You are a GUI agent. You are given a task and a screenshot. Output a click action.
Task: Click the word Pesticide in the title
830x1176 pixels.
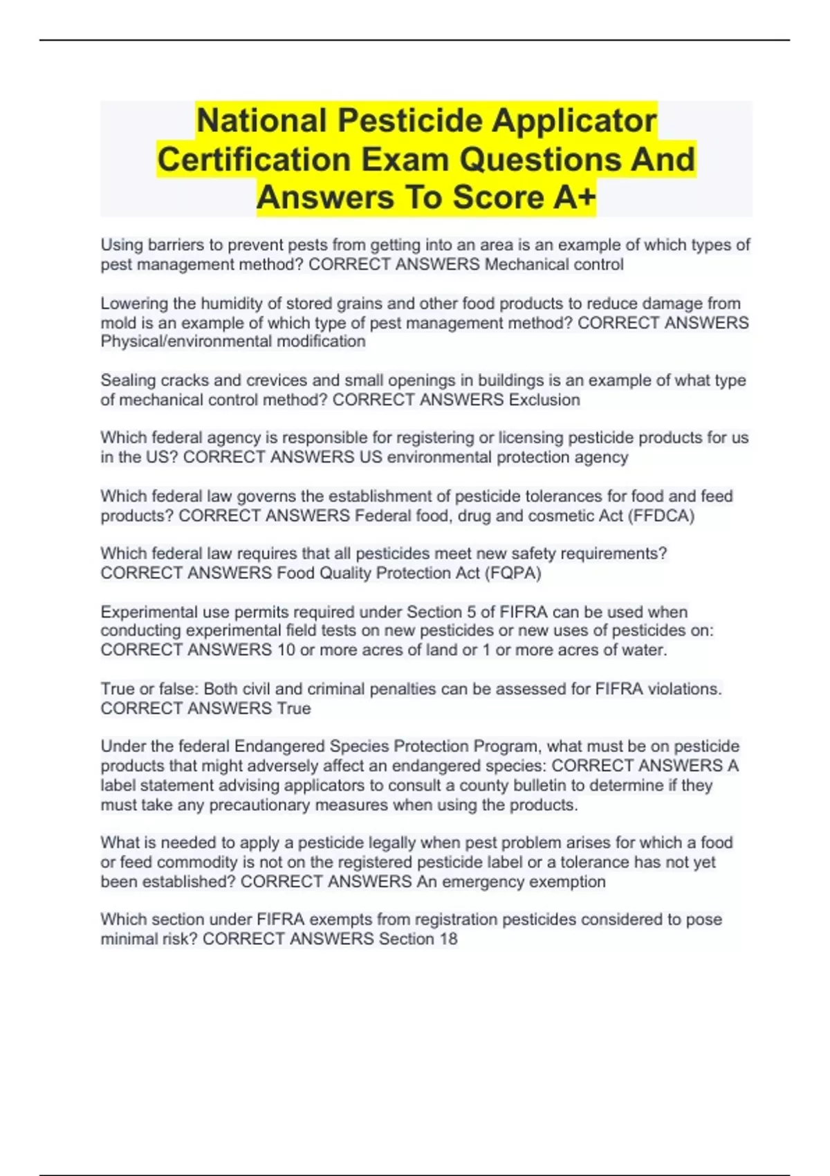[412, 121]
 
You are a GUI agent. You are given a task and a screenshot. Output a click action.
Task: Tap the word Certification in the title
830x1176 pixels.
[253, 160]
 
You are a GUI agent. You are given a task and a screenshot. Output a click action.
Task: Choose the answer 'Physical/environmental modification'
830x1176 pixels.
[233, 342]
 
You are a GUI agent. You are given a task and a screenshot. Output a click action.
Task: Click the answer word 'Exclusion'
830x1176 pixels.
[544, 400]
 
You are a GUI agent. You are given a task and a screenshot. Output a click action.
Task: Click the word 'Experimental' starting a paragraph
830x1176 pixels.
[142, 612]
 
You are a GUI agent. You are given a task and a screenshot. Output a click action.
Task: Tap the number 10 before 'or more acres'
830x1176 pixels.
[286, 650]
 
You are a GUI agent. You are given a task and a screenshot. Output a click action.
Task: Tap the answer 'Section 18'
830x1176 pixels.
[418, 939]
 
